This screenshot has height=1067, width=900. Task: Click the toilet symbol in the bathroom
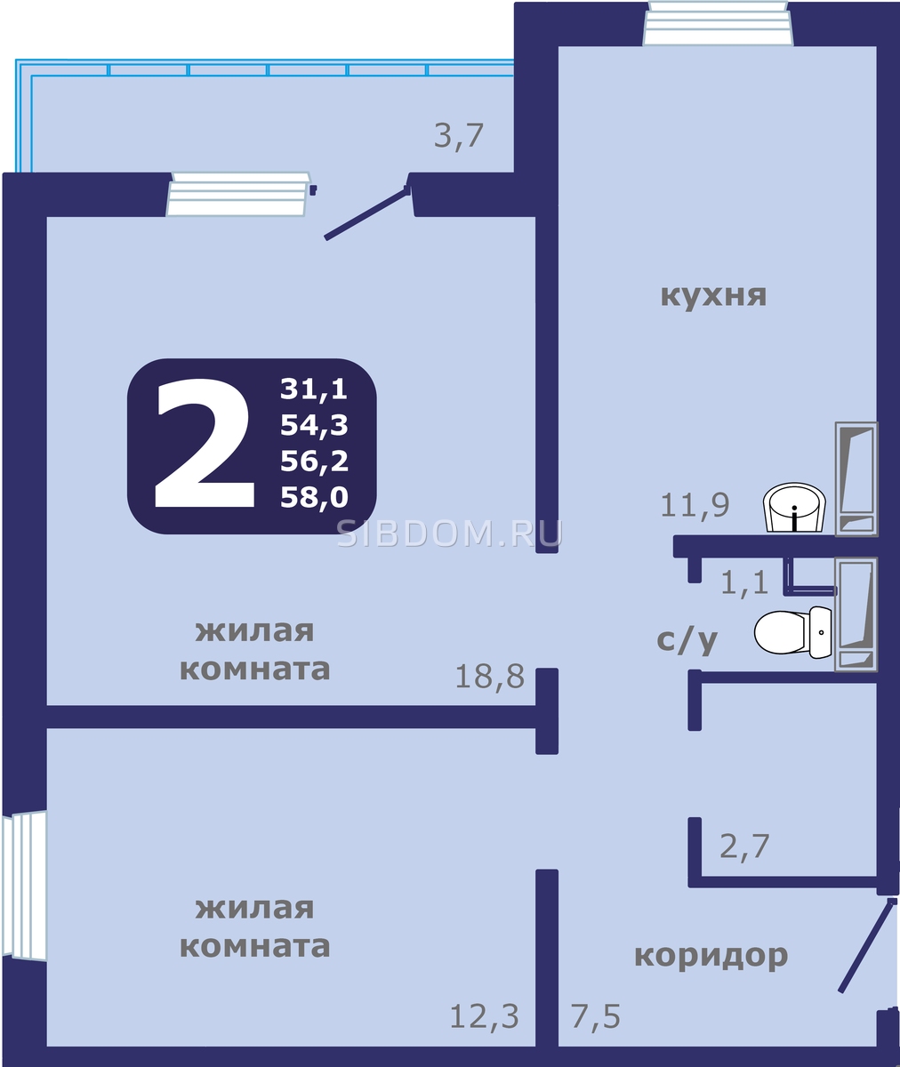pyautogui.click(x=793, y=632)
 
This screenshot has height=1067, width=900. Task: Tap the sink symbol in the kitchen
pyautogui.click(x=794, y=508)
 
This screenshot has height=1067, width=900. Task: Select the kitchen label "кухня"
pyautogui.click(x=713, y=296)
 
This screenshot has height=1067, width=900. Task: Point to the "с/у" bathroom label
pyautogui.click(x=687, y=641)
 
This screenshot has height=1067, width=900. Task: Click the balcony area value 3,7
pyautogui.click(x=458, y=136)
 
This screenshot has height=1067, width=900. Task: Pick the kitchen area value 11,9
pyautogui.click(x=695, y=506)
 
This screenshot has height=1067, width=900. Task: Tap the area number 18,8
pyautogui.click(x=490, y=677)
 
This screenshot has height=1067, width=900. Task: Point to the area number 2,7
pyautogui.click(x=744, y=846)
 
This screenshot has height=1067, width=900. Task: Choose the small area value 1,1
pyautogui.click(x=744, y=582)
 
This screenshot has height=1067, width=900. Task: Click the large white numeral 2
pyautogui.click(x=205, y=443)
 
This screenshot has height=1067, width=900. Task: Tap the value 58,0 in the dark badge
pyautogui.click(x=314, y=497)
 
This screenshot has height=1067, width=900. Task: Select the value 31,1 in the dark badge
pyautogui.click(x=314, y=389)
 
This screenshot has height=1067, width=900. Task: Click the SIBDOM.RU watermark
pyautogui.click(x=450, y=533)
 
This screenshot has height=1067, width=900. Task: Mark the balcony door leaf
pyautogui.click(x=367, y=213)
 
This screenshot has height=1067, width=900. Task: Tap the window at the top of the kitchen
pyautogui.click(x=718, y=23)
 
